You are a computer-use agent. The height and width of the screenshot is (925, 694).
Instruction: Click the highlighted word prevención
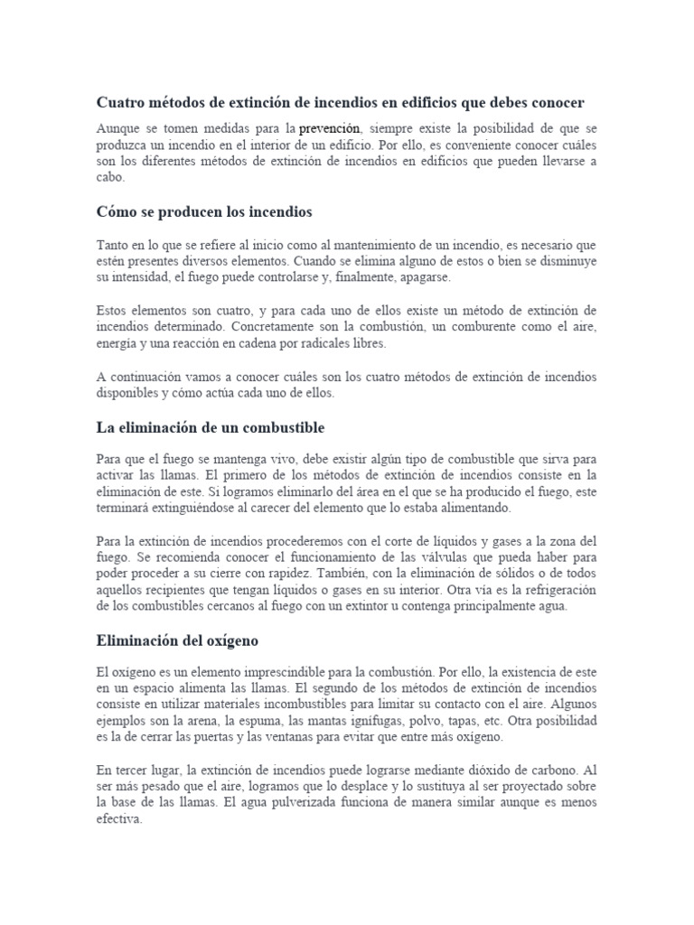[x=330, y=129]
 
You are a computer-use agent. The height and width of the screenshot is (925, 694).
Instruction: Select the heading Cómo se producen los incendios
[x=203, y=211]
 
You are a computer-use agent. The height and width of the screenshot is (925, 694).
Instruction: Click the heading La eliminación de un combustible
[x=210, y=426]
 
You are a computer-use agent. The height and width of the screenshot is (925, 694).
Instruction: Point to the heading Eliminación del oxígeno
[x=177, y=640]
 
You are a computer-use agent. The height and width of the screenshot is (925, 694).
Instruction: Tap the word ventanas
[x=293, y=737]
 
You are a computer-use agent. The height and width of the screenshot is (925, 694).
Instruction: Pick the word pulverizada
[x=338, y=802]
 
